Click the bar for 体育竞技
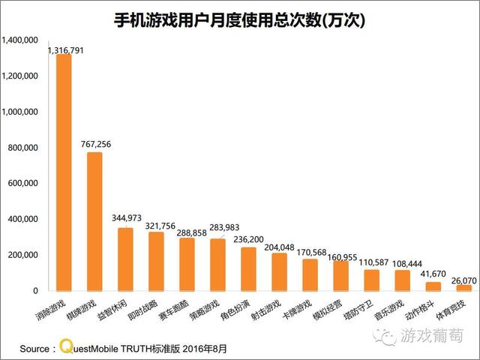464,287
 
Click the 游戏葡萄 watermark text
432,335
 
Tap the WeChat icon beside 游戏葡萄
388,335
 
